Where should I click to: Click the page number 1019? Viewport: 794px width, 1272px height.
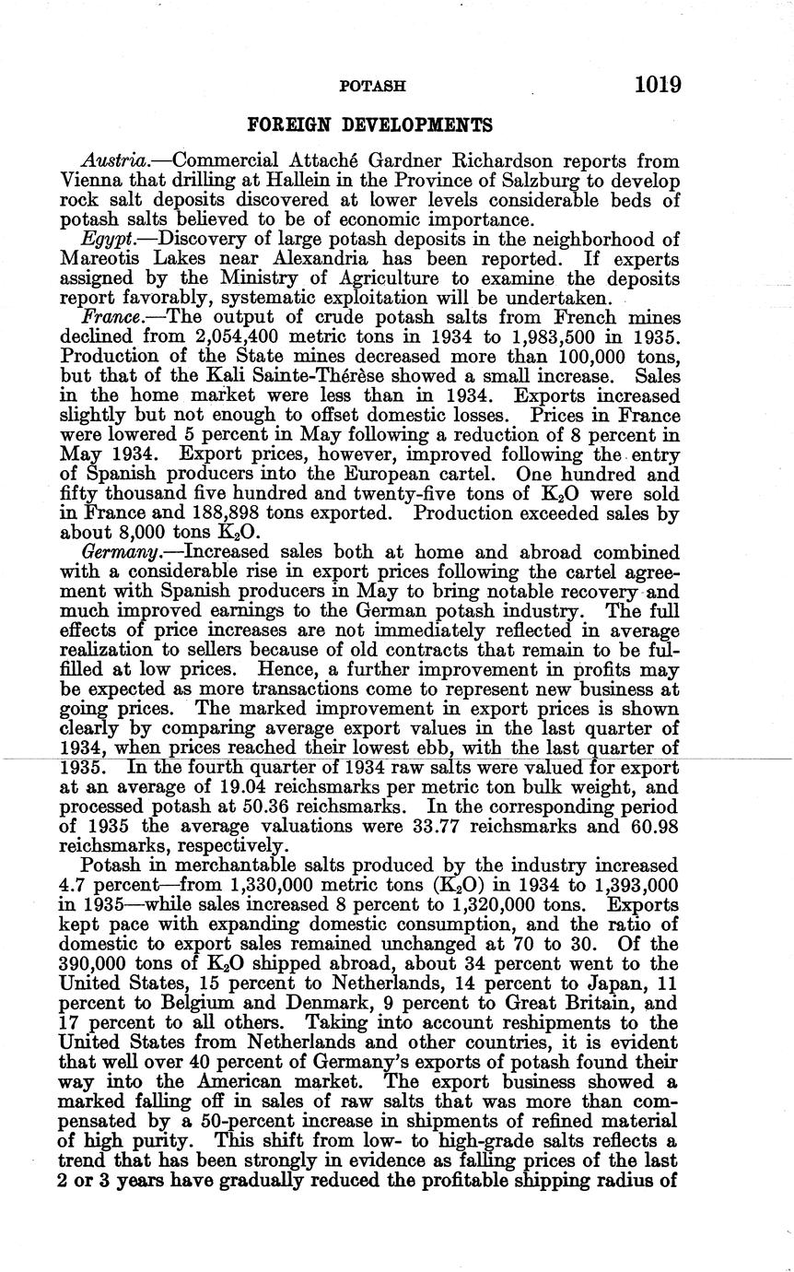pyautogui.click(x=657, y=85)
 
